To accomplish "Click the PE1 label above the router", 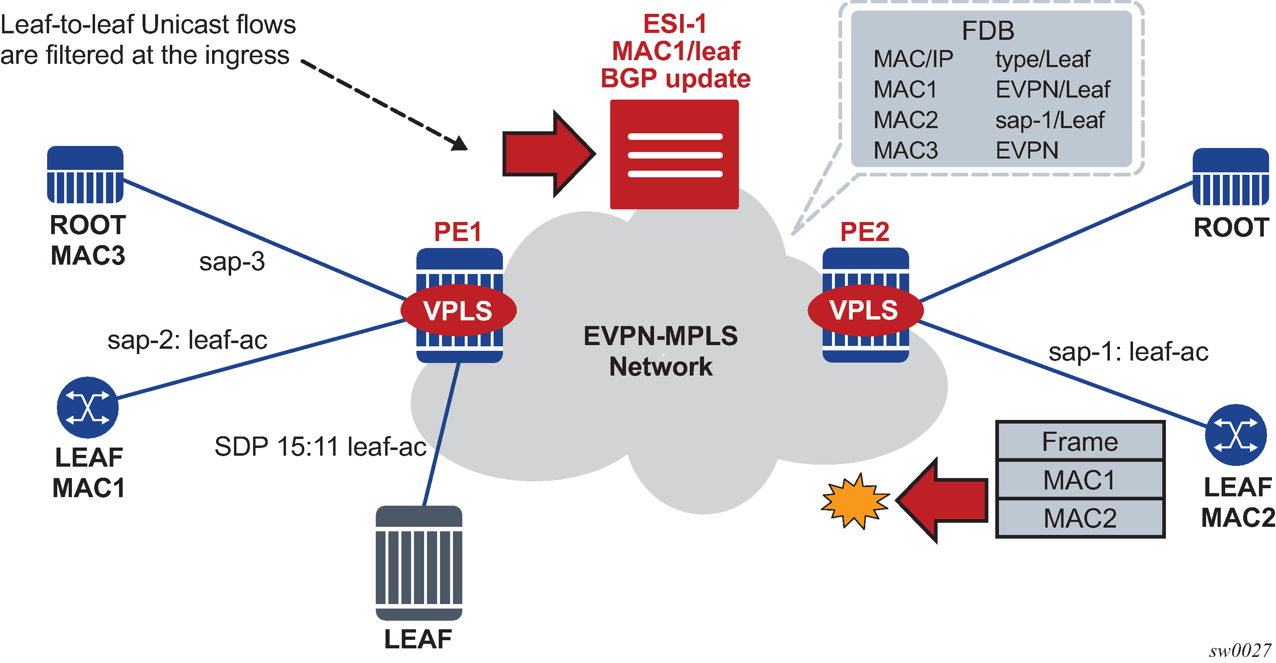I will tap(458, 231).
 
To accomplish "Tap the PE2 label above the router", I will tap(864, 231).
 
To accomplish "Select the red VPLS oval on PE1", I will tap(458, 311).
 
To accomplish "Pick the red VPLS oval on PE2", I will tap(865, 310).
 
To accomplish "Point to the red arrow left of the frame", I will tap(941, 500).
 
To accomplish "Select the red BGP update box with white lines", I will tap(674, 154).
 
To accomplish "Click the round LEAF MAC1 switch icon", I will tap(88, 407).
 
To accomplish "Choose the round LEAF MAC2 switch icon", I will tap(1235, 435).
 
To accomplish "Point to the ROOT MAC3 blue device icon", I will tap(85, 174).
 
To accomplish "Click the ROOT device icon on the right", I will tap(1231, 176).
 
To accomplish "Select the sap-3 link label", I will tap(232, 262).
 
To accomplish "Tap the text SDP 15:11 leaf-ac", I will tap(320, 446).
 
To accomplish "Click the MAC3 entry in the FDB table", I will tap(906, 150).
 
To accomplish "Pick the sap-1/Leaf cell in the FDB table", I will tap(1050, 120).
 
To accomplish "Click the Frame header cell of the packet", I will tap(1080, 441).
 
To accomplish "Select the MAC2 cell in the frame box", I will tap(1080, 518).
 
